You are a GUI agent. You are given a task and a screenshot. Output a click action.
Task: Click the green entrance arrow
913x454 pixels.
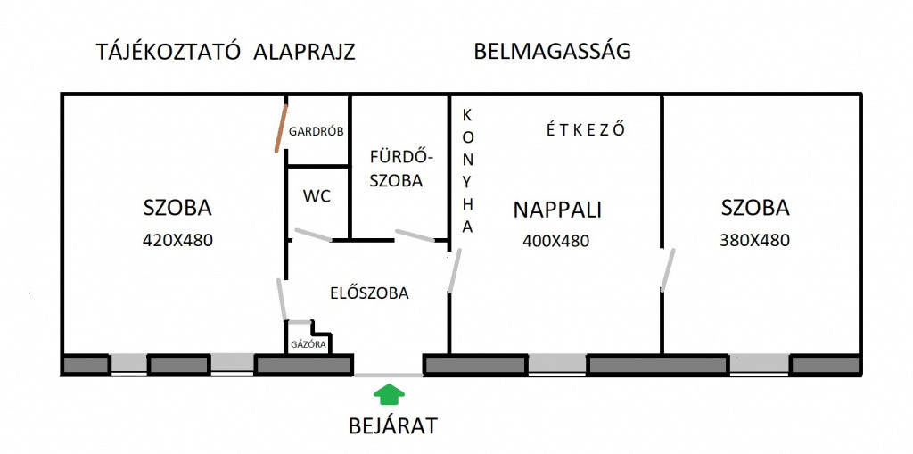click(x=389, y=394)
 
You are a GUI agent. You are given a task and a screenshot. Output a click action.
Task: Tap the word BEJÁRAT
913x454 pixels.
click(x=392, y=426)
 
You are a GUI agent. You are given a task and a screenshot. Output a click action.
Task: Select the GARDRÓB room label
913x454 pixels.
click(x=317, y=131)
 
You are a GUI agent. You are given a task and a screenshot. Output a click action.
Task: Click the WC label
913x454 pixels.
click(x=317, y=196)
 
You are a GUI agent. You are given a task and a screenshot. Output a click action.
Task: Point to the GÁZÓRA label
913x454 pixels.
click(x=308, y=344)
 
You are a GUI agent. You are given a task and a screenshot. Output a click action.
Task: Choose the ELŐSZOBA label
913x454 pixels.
click(x=369, y=293)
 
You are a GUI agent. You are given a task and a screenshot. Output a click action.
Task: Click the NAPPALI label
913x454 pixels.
click(x=556, y=210)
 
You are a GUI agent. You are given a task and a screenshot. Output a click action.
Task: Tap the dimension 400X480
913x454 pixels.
click(x=556, y=241)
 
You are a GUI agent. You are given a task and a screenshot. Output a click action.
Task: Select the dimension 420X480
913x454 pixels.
click(x=177, y=240)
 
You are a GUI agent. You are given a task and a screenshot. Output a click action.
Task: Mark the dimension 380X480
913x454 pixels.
click(x=754, y=240)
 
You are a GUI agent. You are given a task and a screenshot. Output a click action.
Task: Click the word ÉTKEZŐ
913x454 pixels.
click(x=586, y=129)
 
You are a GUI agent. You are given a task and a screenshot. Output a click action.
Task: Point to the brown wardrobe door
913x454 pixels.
click(x=281, y=128)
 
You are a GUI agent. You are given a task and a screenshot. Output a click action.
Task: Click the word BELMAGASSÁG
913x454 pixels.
click(x=553, y=51)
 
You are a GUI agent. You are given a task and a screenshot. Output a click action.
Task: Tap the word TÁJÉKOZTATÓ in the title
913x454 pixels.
click(x=169, y=52)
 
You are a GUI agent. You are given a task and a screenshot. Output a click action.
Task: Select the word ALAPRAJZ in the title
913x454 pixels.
click(x=305, y=53)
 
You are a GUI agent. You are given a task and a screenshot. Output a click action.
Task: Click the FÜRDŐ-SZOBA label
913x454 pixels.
click(x=397, y=169)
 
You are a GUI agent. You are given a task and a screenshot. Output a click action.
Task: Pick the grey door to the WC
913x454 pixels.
click(x=313, y=235)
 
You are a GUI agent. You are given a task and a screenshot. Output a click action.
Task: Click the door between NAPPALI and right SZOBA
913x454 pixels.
click(x=668, y=270)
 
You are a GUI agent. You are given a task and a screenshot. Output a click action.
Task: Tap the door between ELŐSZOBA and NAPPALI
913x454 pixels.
click(x=455, y=270)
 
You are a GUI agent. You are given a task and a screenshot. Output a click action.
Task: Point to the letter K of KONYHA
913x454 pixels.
click(x=467, y=114)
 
